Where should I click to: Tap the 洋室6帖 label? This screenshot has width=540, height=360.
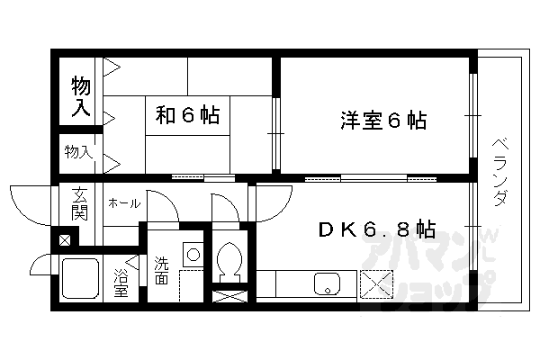coord(382,119)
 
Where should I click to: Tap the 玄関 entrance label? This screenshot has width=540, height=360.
coord(79,205)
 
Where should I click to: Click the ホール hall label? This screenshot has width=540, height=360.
coord(122,203)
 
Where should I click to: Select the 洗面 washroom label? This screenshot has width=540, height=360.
coord(160,271)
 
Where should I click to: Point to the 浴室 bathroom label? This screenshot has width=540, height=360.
coord(121,283)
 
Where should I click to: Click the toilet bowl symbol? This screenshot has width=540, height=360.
coord(229,258)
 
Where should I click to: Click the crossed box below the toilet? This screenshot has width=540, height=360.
coord(229,294)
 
